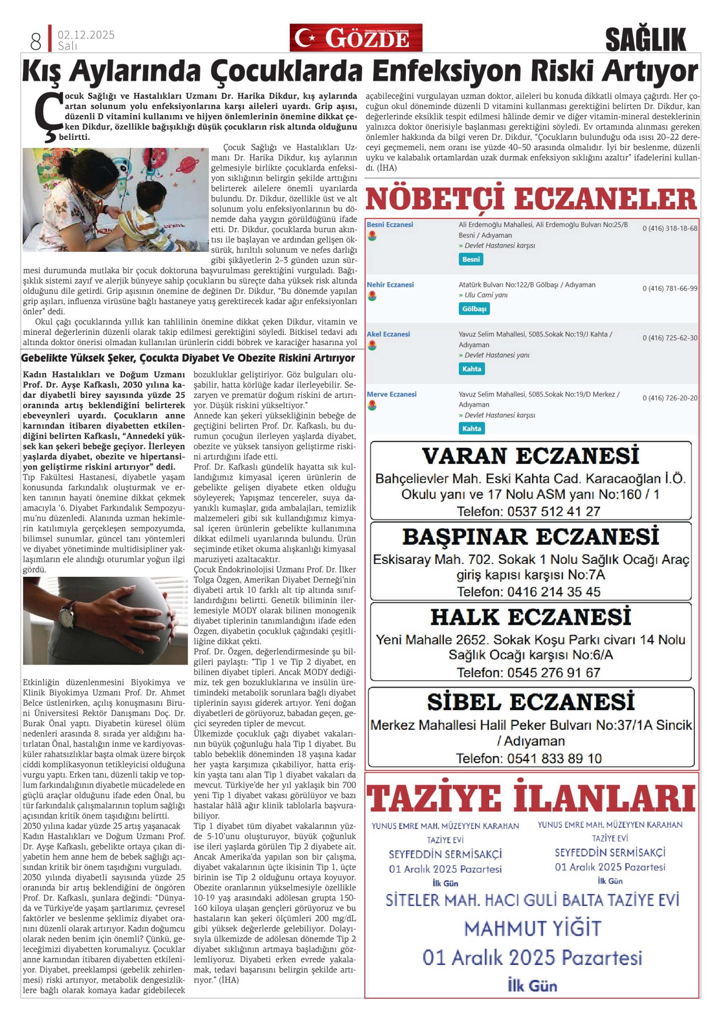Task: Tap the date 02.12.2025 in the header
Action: click(86, 35)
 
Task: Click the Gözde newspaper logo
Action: click(356, 38)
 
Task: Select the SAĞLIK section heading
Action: click(645, 40)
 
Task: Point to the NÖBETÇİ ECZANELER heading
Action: click(531, 199)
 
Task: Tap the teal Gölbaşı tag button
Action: click(474, 309)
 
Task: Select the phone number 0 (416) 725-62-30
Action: click(670, 338)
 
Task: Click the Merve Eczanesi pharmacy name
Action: click(391, 394)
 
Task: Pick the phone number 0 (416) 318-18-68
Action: click(670, 228)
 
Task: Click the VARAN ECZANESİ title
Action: click(531, 456)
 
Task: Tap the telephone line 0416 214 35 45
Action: click(528, 592)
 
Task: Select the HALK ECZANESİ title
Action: click(531, 617)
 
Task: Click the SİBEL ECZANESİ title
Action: click(531, 702)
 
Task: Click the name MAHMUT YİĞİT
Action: click(532, 929)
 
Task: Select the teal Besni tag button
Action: click(471, 259)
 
